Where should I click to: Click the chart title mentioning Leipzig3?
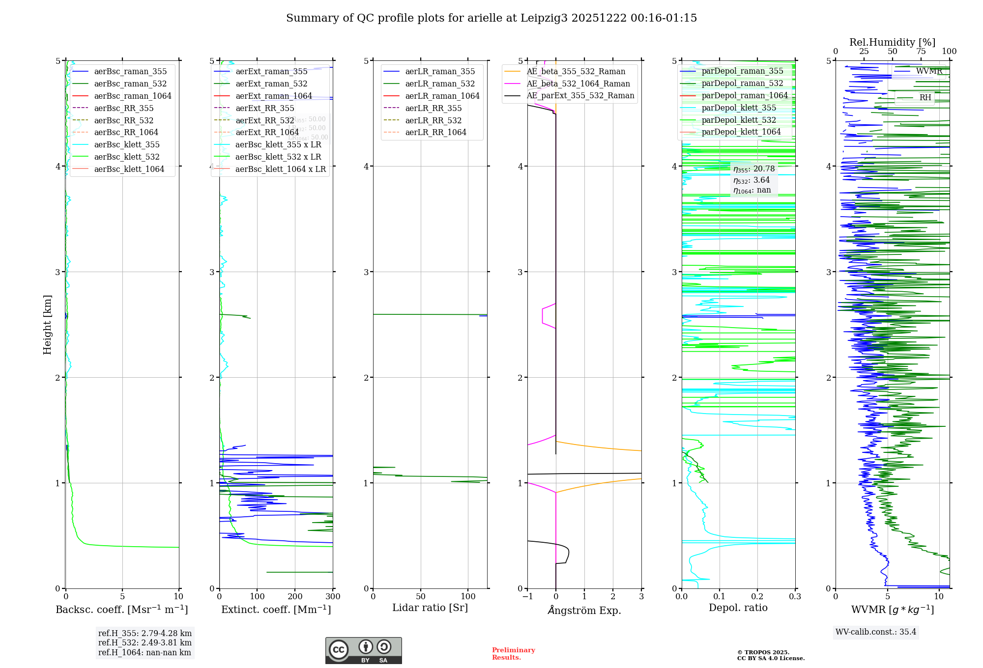click(491, 18)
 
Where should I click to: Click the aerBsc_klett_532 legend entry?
click(126, 157)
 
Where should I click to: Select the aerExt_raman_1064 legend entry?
click(273, 96)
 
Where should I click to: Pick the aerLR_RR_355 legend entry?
click(433, 108)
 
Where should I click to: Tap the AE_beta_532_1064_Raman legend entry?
click(578, 83)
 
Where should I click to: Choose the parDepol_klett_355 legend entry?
click(739, 108)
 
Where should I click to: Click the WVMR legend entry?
click(929, 71)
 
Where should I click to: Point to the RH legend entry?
click(925, 97)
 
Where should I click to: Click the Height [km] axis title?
click(47, 324)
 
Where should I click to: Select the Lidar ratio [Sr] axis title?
click(430, 608)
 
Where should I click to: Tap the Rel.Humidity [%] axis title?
click(892, 42)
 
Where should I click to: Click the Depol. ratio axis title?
click(738, 608)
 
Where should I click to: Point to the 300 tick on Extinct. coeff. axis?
click(333, 596)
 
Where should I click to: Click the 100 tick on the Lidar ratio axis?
click(468, 596)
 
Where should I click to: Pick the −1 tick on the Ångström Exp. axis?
click(527, 596)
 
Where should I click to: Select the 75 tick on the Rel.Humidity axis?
click(921, 52)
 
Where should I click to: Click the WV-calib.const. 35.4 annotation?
click(876, 632)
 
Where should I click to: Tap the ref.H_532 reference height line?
click(145, 642)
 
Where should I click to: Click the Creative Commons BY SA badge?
click(363, 651)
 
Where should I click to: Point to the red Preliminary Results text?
click(513, 653)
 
